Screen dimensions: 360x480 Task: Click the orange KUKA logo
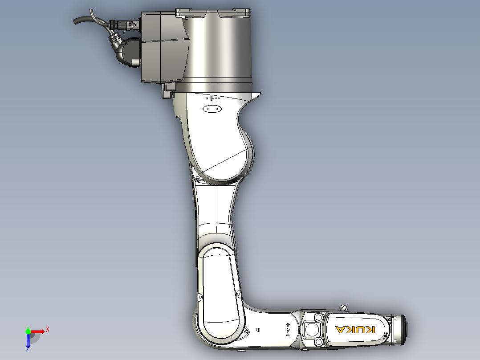point(355,330)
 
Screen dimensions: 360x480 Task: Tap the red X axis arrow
point(38,331)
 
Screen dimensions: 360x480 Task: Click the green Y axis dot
point(28,331)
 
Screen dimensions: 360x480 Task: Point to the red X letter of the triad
point(48,329)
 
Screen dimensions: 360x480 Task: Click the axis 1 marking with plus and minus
point(212,98)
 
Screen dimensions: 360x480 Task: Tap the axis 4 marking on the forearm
point(287,329)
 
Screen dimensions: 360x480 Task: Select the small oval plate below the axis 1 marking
point(212,109)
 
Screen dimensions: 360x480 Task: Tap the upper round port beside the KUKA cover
point(318,318)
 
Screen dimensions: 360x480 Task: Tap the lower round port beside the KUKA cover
point(318,342)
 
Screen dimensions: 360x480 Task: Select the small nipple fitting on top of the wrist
point(344,307)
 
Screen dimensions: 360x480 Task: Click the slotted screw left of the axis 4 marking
point(259,329)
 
